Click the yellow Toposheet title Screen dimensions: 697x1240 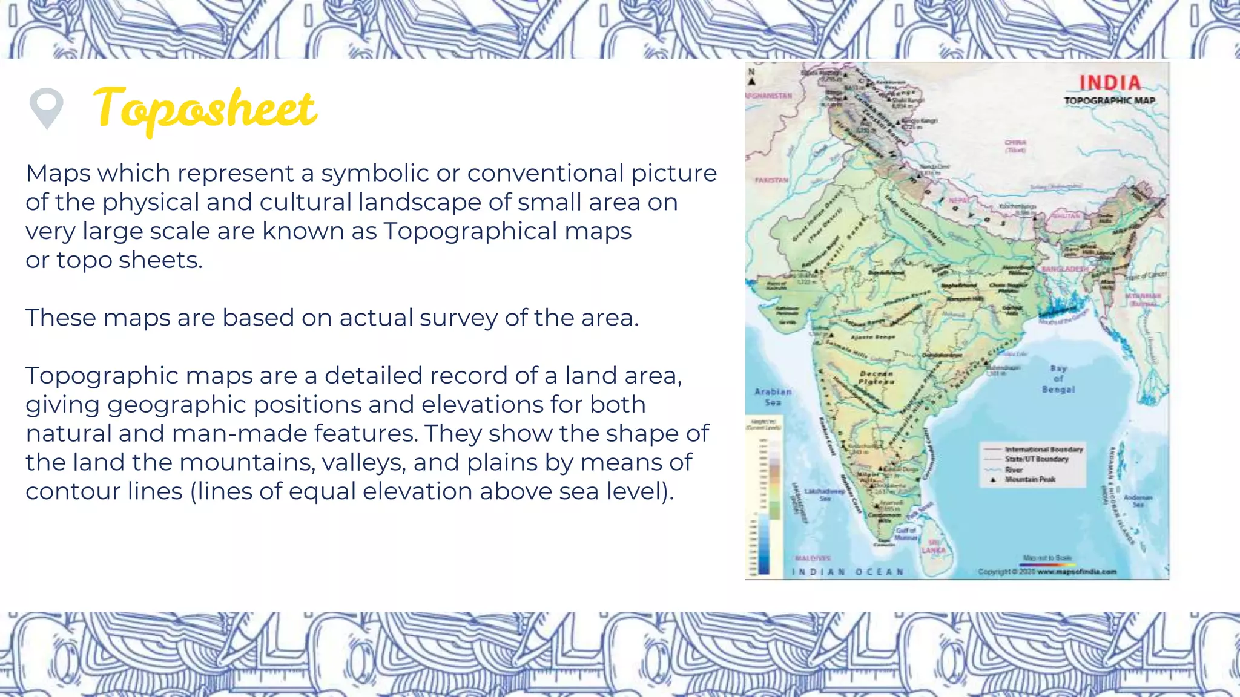pyautogui.click(x=205, y=109)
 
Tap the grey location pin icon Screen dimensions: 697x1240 pyautogui.click(x=46, y=108)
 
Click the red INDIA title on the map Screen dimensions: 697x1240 pyautogui.click(x=1110, y=83)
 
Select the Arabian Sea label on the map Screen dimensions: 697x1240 pyautogui.click(x=773, y=397)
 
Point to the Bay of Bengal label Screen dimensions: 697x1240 pyautogui.click(x=1058, y=379)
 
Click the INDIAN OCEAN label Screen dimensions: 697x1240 pyautogui.click(x=848, y=572)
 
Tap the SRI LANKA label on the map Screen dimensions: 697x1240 pyautogui.click(x=933, y=546)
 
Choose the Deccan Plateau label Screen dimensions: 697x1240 pyautogui.click(x=876, y=378)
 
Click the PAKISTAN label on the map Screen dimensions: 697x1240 pyautogui.click(x=771, y=180)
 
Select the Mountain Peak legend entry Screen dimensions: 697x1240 pyautogui.click(x=1030, y=479)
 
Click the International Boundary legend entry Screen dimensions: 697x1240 pyautogui.click(x=1043, y=450)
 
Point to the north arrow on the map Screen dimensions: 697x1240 pyautogui.click(x=752, y=77)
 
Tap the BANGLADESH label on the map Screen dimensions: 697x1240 pyautogui.click(x=1064, y=269)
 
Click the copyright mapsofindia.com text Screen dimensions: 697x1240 pyautogui.click(x=1047, y=571)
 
